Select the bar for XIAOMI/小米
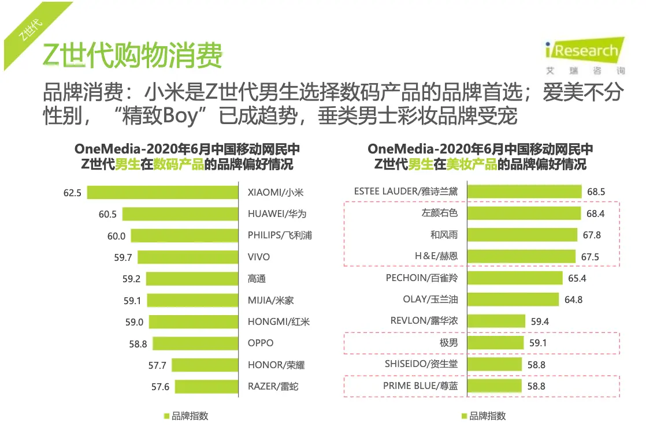[163, 192]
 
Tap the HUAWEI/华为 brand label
[277, 214]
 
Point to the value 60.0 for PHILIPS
[116, 235]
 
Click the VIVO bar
[188, 257]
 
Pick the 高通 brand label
[257, 279]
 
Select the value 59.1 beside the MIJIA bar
[132, 300]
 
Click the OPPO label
[261, 343]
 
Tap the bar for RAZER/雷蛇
[207, 386]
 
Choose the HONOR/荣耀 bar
[205, 365]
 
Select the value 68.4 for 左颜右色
[595, 214]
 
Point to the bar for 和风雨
[522, 235]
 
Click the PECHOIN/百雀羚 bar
[514, 278]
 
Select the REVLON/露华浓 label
[424, 321]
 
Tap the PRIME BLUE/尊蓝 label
[420, 386]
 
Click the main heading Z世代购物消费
[132, 56]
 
